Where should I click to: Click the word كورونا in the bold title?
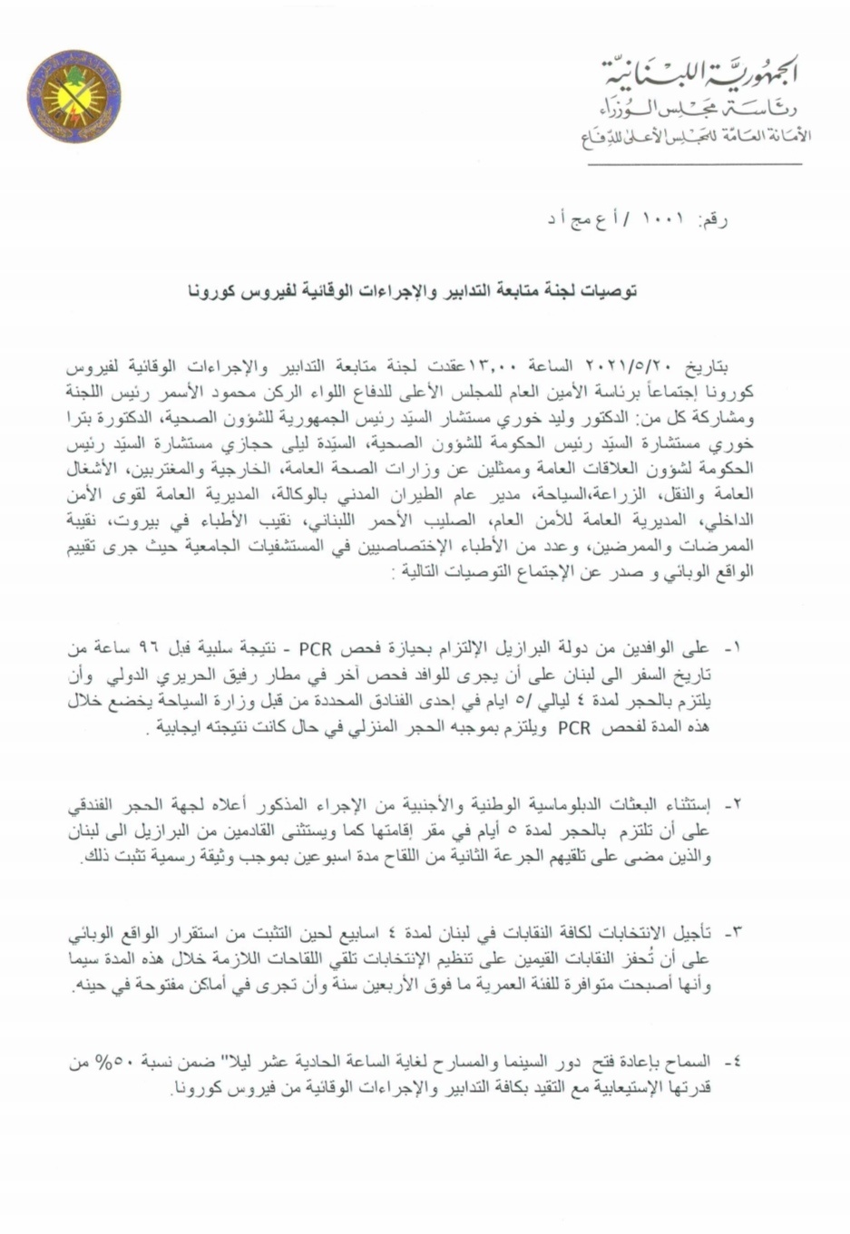[211, 291]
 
